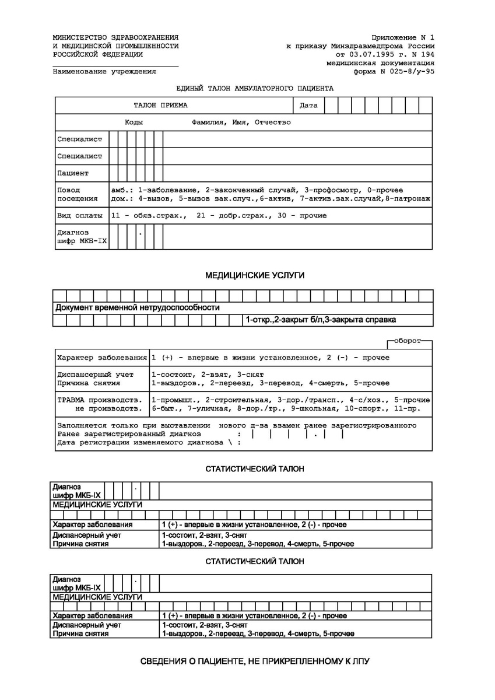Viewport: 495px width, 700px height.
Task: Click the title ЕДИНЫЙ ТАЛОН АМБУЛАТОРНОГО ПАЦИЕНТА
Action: pos(255,89)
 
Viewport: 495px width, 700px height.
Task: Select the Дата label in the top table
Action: pos(308,106)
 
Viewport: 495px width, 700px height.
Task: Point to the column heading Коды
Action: pos(134,123)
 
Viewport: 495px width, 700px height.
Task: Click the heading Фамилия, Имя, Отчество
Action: pos(241,123)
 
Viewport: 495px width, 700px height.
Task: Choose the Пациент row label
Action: pos(73,173)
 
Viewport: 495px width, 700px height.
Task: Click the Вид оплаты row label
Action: pos(79,215)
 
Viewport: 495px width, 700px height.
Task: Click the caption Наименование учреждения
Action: pos(104,72)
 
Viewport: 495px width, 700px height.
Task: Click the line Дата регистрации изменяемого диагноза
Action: pos(140,442)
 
